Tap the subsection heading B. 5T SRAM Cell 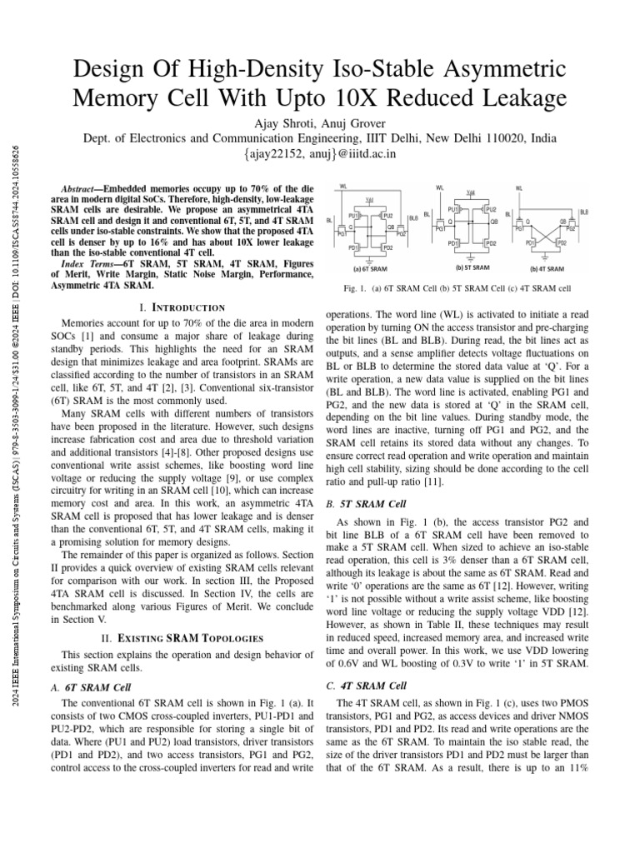click(366, 504)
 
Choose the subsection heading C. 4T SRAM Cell click(366, 686)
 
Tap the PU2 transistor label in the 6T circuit click(387, 216)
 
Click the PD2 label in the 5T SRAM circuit click(491, 243)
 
